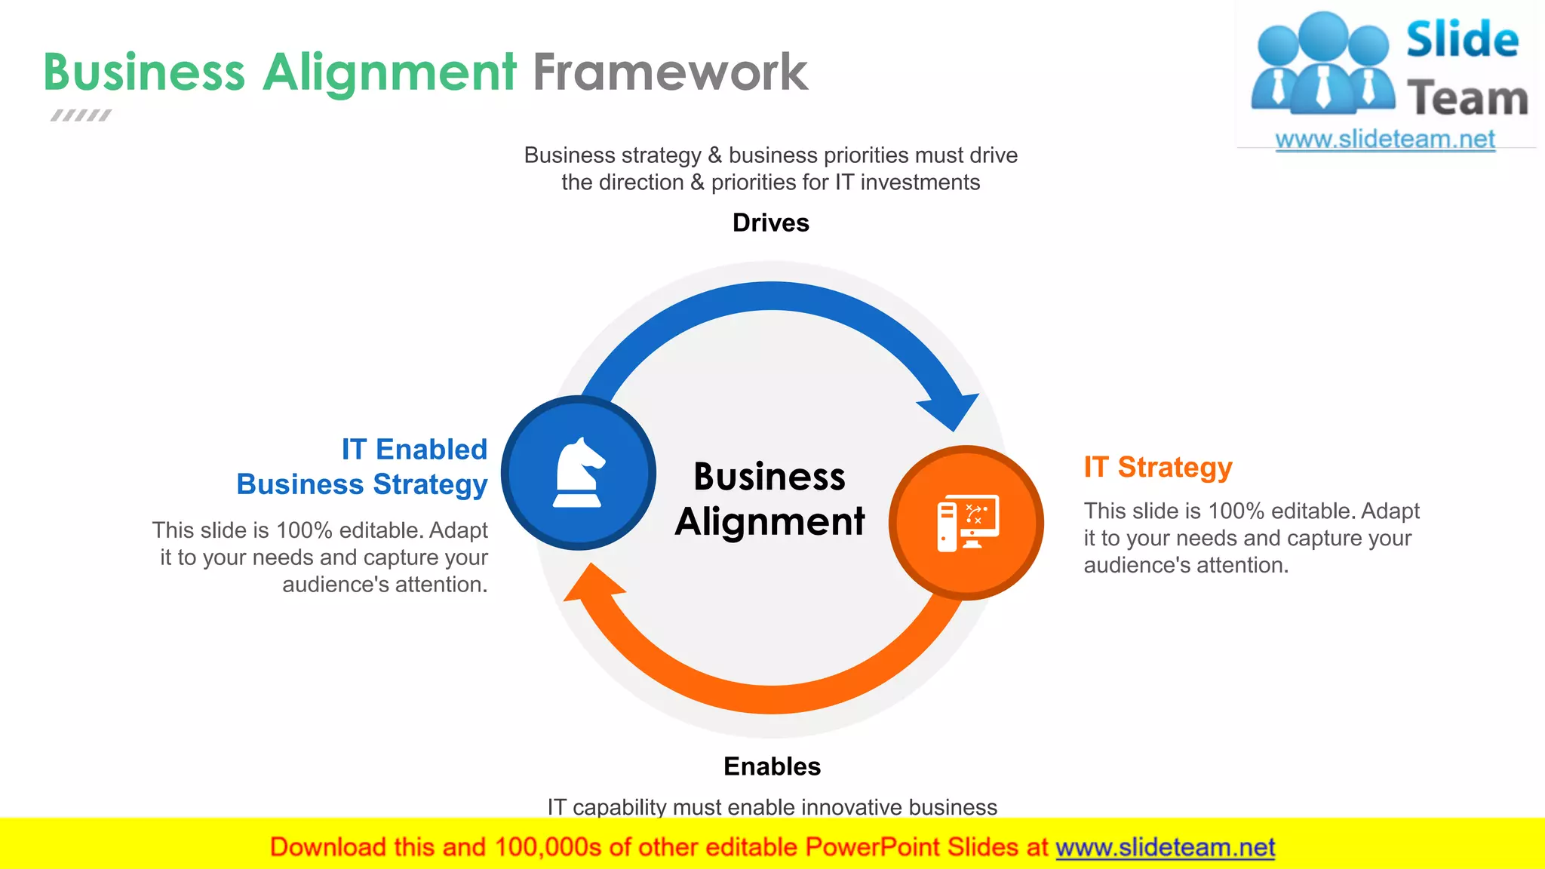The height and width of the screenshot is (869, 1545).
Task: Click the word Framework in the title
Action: coord(670,73)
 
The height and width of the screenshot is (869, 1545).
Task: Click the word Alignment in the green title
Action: coord(389,73)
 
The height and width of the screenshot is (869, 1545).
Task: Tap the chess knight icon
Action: coord(579,473)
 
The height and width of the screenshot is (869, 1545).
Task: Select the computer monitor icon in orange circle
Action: coord(968,523)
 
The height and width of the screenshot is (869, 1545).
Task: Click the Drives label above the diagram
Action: coord(770,223)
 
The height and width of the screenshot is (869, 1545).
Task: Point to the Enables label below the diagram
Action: coord(772,766)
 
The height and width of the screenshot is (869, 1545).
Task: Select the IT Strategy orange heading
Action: coord(1157,467)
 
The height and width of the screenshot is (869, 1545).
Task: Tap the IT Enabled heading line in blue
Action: coord(414,450)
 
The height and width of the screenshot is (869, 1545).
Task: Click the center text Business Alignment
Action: coord(769,499)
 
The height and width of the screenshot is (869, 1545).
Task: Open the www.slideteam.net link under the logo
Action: coord(1384,140)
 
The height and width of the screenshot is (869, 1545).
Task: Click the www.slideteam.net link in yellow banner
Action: coord(1165,847)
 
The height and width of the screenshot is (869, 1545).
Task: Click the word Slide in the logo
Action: coord(1461,40)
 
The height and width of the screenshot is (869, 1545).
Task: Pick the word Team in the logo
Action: coord(1467,99)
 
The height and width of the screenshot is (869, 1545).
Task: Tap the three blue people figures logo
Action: coord(1322,64)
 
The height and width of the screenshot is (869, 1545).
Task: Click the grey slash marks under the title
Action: coord(81,115)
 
